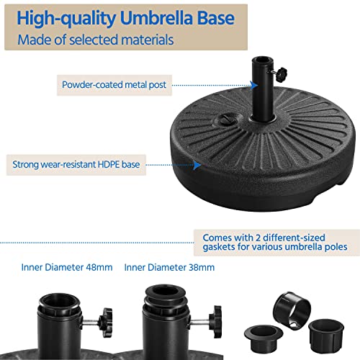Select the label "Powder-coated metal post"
click(x=114, y=85)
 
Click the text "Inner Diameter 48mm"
click(x=66, y=267)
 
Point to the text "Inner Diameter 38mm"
click(x=169, y=267)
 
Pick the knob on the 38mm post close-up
click(x=214, y=317)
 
